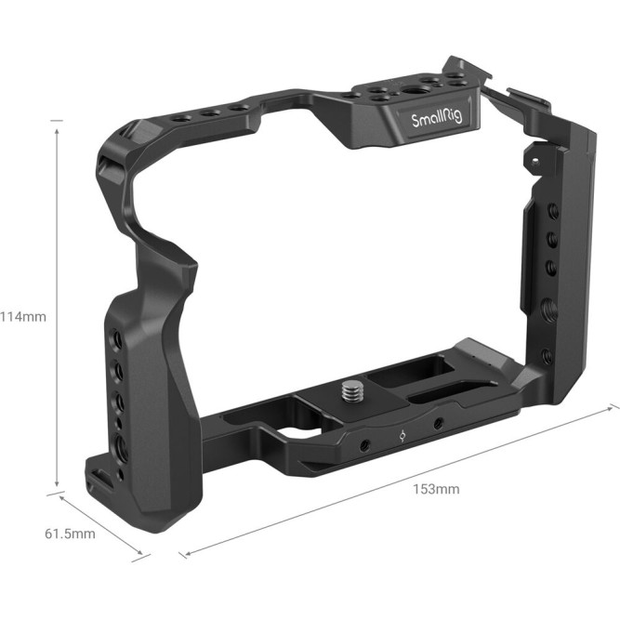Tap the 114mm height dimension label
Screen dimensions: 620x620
[22, 315]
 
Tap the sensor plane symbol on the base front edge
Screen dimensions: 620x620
[400, 433]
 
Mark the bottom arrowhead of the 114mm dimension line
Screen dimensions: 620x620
[58, 484]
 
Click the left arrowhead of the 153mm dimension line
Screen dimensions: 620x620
[183, 554]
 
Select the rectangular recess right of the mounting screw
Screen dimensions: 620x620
[390, 377]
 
